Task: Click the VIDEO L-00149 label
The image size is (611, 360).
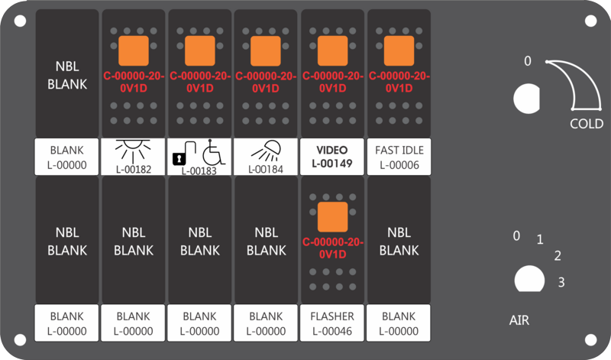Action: point(332,157)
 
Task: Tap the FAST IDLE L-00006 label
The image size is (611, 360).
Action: point(399,157)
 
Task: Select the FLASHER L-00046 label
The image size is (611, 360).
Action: point(332,323)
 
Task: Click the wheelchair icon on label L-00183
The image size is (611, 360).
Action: point(214,152)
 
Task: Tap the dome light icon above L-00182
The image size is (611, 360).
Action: point(133,151)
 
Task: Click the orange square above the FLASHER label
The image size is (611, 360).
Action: point(332,217)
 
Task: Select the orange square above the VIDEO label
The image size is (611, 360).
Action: point(332,50)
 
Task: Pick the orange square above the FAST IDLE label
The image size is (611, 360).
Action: point(399,50)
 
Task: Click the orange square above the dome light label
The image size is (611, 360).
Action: point(133,50)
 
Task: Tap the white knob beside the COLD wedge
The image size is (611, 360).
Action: point(527,99)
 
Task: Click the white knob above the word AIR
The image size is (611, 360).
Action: point(529,279)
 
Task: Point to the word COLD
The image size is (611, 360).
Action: point(587,124)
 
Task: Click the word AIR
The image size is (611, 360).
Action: point(519,320)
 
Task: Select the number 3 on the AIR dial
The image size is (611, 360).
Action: point(561,282)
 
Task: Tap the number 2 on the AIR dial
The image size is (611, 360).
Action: point(558,256)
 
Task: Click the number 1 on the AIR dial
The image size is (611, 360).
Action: point(540,239)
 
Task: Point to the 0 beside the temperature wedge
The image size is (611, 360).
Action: point(528,61)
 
